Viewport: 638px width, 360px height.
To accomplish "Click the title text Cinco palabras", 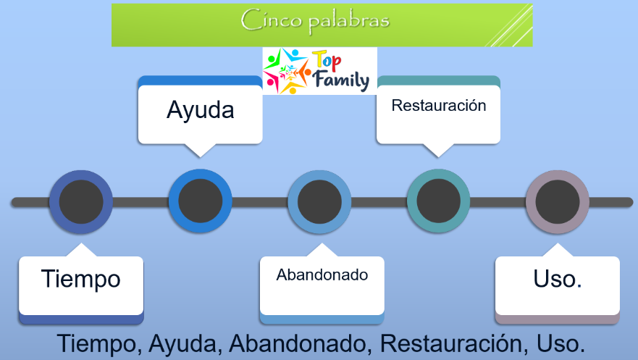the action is coord(315,20).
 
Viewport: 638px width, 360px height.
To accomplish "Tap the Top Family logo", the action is coord(320,71).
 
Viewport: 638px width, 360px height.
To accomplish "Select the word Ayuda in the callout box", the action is coord(200,110).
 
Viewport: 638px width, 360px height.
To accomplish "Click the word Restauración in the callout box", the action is coord(439,105).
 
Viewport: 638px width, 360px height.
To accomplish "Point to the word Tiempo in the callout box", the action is coord(81,279).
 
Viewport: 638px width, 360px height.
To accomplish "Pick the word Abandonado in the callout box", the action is coord(322,275).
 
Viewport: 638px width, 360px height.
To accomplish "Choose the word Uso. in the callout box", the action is coord(558,279).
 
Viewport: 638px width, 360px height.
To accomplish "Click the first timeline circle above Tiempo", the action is coord(81,202).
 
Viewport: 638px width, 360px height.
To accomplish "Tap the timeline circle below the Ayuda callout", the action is coord(200,201).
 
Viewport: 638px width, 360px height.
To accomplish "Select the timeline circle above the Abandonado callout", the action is coord(319,202).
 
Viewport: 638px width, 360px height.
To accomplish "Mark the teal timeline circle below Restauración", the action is coord(438,201).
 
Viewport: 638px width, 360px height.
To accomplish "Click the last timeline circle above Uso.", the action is coord(558,202).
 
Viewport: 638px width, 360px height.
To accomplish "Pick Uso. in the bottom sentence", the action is coord(561,344).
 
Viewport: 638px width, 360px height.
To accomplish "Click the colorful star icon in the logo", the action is coord(287,71).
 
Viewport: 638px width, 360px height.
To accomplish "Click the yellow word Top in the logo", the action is coord(327,61).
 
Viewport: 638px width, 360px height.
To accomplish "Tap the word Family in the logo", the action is coord(341,80).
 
